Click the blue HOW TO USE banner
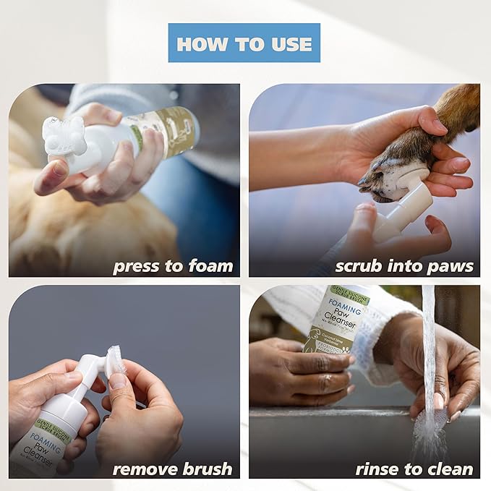tap(244, 43)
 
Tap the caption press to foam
tap(173, 266)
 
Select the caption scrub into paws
tap(404, 266)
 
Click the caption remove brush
tap(172, 469)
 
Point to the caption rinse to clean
tap(414, 469)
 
